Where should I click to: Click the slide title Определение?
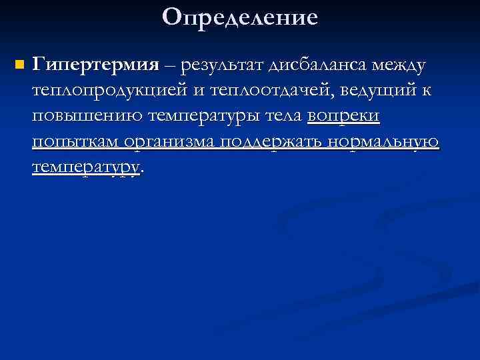(240, 17)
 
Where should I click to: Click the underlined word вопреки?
(343, 117)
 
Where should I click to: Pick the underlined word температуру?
(85, 167)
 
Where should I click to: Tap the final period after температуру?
(143, 171)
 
